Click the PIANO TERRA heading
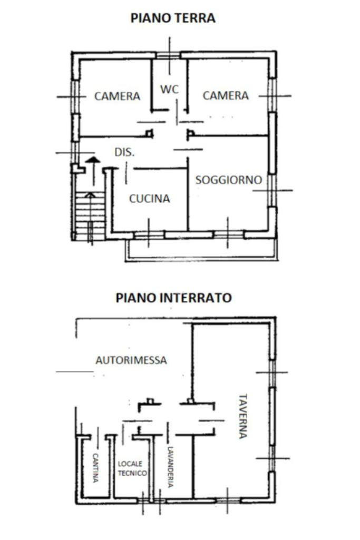[x=173, y=18]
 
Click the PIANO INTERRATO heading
[x=173, y=298]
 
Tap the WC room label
[x=170, y=90]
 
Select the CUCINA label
[x=150, y=199]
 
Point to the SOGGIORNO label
[x=229, y=180]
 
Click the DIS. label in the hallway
[x=124, y=152]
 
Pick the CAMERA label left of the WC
[x=117, y=96]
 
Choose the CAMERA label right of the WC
[x=226, y=95]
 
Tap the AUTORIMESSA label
[x=131, y=360]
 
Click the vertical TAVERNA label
[x=243, y=416]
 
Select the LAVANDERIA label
[x=170, y=467]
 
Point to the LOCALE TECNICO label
[x=133, y=469]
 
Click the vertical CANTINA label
[x=95, y=468]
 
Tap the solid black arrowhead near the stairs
[x=93, y=160]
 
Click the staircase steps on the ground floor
[x=90, y=216]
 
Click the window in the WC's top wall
[x=169, y=55]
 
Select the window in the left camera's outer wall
[x=75, y=97]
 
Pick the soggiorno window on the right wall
[x=272, y=190]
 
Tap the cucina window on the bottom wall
[x=149, y=235]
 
